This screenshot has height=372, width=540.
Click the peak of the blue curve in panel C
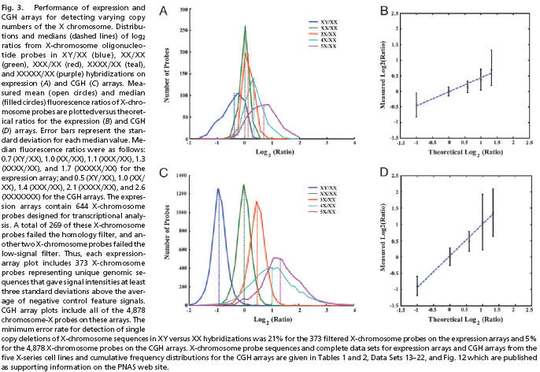[218, 189]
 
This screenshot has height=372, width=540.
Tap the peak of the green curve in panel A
[246, 26]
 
